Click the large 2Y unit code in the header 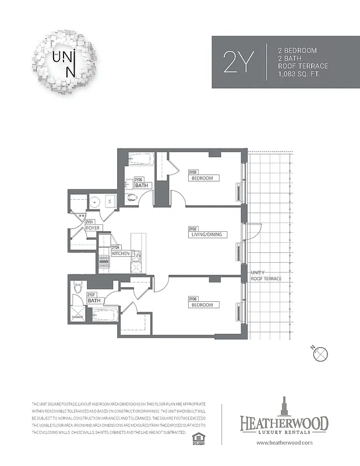click(x=239, y=62)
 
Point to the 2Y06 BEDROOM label click(x=203, y=304)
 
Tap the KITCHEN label click(x=120, y=254)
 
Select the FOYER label click(x=93, y=228)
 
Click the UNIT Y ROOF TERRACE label click(x=266, y=276)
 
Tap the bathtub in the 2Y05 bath click(x=140, y=159)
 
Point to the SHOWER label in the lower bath click(x=77, y=317)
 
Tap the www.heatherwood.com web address click(x=284, y=443)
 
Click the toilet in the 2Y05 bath click(x=131, y=197)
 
